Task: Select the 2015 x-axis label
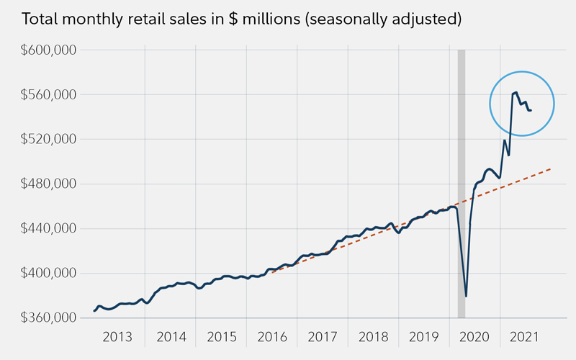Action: tap(221, 337)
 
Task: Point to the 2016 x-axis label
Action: tap(271, 337)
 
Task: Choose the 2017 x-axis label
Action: tap(323, 337)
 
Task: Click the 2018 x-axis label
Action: tap(373, 337)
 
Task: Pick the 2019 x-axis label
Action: tap(423, 337)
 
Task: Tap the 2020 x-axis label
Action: tap(474, 337)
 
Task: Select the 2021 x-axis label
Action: tap(525, 337)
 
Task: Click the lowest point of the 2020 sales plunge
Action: tap(466, 296)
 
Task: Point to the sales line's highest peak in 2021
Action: tap(516, 92)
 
